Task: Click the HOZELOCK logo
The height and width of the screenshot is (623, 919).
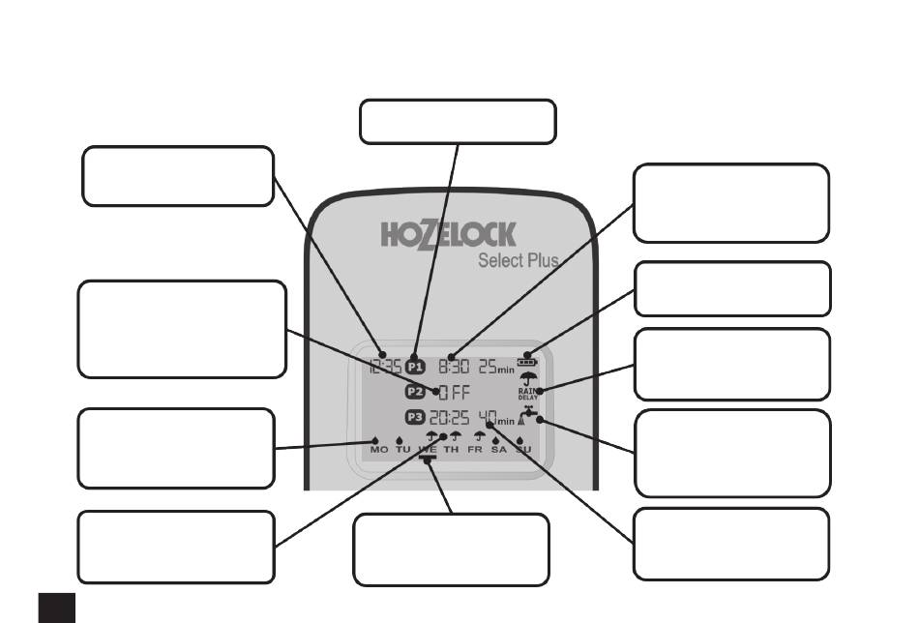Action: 448,235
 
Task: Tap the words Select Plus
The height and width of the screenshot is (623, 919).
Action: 519,260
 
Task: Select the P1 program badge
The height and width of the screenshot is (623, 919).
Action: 415,368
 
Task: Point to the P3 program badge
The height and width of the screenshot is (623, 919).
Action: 415,418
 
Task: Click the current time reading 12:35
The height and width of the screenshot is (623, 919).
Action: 383,368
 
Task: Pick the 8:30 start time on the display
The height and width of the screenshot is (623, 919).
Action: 452,368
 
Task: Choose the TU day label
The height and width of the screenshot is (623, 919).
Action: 403,451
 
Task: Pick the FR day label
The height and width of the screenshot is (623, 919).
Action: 477,451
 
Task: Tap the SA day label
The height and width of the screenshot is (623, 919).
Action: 499,451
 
